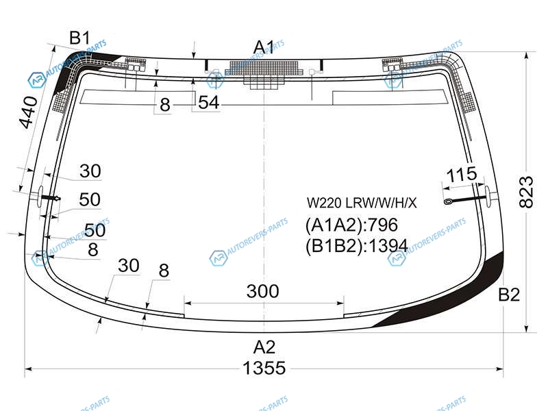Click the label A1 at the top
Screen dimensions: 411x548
(264, 47)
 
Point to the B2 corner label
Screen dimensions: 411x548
(509, 295)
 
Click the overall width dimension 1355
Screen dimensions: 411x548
(264, 369)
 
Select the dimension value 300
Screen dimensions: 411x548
(263, 291)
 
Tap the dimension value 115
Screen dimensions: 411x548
(461, 176)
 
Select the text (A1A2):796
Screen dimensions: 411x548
(351, 225)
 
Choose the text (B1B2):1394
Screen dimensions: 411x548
(356, 245)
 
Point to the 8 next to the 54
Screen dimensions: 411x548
(164, 105)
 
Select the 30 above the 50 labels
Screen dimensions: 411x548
(90, 171)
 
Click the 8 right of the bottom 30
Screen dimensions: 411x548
(163, 271)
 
